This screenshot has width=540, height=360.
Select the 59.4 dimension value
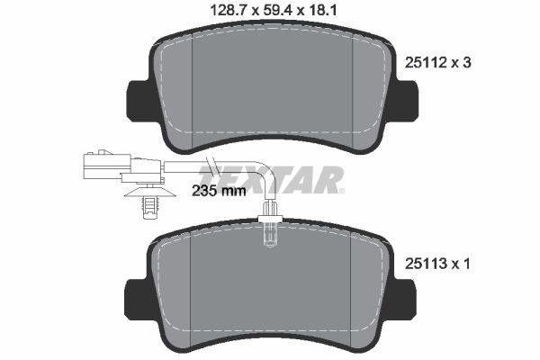click(x=277, y=11)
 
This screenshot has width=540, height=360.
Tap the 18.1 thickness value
click(x=322, y=11)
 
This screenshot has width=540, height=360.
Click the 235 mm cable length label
click(x=219, y=191)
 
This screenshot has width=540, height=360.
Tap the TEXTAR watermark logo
click(x=271, y=179)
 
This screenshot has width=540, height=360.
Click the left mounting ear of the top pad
click(x=139, y=101)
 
